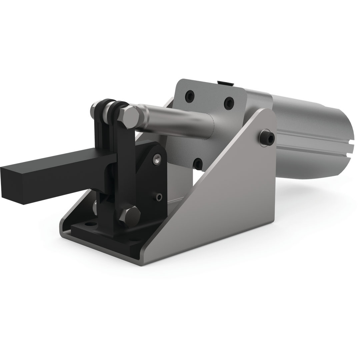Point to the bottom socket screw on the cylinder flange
click(198, 163)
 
